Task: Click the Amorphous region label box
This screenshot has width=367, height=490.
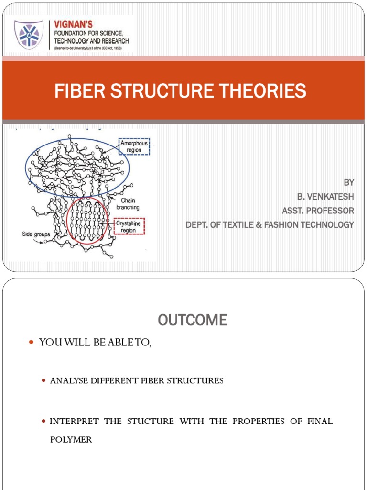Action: [x=134, y=146]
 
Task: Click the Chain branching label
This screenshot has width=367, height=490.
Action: [x=128, y=204]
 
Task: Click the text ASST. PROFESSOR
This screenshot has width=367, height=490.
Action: [x=318, y=211]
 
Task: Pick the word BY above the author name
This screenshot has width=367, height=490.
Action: [x=349, y=182]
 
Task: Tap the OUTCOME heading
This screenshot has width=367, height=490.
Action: [x=193, y=321]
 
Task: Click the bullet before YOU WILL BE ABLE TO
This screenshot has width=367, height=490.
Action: [x=32, y=342]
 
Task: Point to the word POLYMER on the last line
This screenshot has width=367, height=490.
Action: [x=71, y=439]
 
